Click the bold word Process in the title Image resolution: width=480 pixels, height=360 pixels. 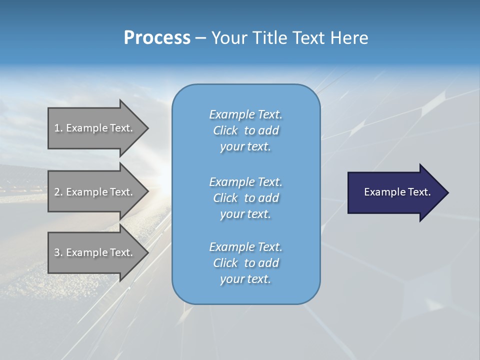click(157, 38)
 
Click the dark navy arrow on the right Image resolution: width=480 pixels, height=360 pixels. click(395, 192)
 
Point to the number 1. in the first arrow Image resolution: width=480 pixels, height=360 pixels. click(58, 128)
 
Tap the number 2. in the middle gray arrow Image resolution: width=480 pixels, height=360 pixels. click(58, 192)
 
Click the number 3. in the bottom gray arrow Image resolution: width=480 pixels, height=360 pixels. click(58, 252)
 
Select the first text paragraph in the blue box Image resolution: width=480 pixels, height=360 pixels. click(245, 130)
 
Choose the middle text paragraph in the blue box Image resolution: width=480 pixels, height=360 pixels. click(245, 197)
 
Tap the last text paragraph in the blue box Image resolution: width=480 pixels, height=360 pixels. click(245, 263)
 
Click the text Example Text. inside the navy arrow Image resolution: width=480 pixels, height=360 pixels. click(397, 192)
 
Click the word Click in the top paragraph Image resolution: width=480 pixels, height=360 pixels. click(225, 130)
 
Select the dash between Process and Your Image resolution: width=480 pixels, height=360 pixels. click(200, 38)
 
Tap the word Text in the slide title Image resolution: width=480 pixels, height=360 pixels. click(309, 38)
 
